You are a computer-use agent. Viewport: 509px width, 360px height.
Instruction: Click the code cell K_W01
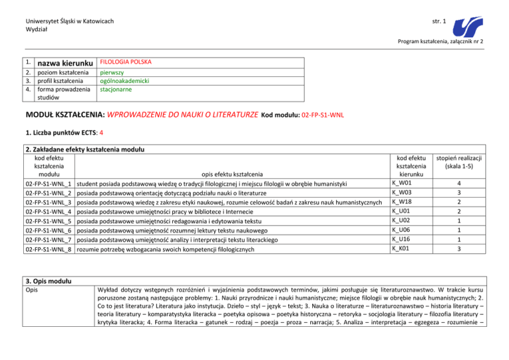point(402,181)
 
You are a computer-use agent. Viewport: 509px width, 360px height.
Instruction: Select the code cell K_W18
point(402,202)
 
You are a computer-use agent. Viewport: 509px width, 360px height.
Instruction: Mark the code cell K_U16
point(402,239)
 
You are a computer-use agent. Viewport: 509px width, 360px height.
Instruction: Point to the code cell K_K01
point(402,249)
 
